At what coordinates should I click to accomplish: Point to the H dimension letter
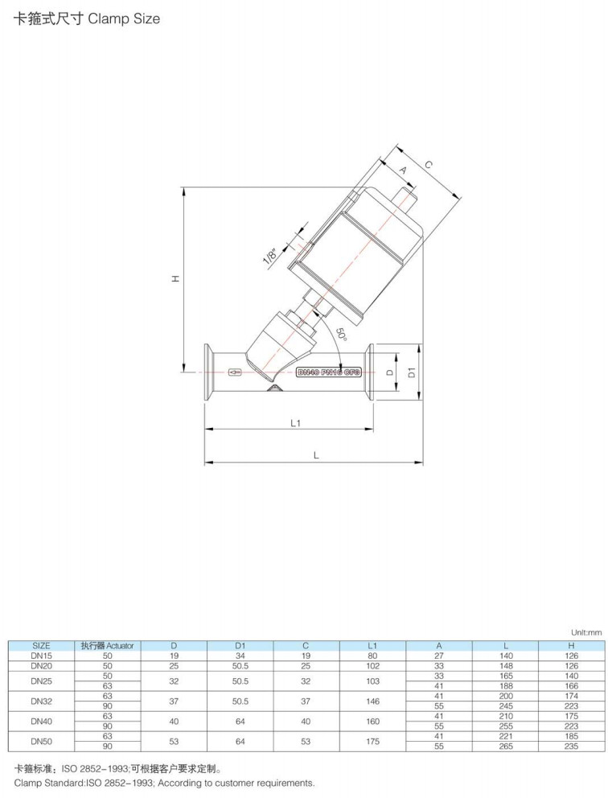pos(175,279)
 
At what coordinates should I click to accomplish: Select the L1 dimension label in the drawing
pos(295,423)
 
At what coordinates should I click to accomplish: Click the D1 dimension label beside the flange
pos(412,372)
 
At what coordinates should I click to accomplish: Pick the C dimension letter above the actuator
pos(429,165)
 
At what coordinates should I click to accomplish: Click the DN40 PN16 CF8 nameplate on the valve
pos(328,372)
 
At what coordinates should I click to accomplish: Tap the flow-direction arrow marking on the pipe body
pos(235,372)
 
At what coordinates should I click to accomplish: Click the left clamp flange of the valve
pos(208,372)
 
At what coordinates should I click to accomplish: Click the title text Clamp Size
pos(124,19)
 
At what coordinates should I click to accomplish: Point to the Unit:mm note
pos(585,632)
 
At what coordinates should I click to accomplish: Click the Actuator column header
pos(107,645)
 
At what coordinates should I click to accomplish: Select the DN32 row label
pos(41,701)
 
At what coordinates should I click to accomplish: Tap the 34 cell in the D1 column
pos(240,656)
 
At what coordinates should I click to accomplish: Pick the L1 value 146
pos(372,701)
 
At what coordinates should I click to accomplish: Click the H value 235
pos(571,746)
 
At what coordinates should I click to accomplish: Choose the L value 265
pos(506,746)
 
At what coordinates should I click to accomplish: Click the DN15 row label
pos(41,656)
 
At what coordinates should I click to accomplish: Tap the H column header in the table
pos(571,645)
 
